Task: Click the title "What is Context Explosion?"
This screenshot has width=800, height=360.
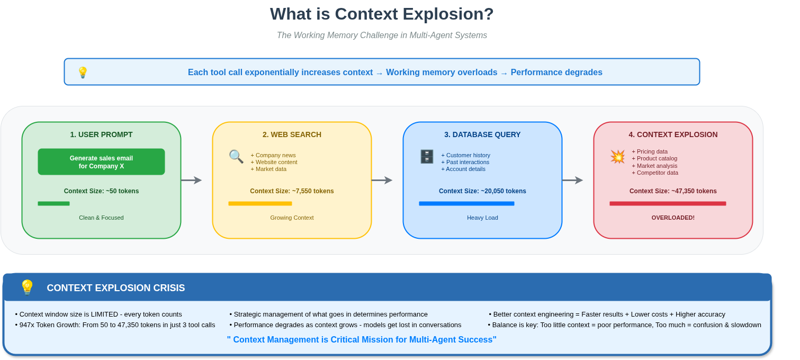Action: click(382, 14)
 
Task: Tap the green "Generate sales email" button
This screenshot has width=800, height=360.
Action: click(101, 162)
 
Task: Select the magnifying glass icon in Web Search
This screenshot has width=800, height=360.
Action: click(236, 156)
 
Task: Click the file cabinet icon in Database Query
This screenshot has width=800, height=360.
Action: click(427, 157)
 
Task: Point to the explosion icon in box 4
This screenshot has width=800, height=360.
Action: click(617, 157)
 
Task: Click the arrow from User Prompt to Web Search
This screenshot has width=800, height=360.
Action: click(191, 180)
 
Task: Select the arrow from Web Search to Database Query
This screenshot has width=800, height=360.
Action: click(382, 180)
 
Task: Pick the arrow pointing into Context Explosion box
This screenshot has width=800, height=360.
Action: click(572, 180)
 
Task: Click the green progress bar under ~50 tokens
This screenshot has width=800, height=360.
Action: click(53, 203)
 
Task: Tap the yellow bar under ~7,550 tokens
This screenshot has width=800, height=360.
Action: click(260, 203)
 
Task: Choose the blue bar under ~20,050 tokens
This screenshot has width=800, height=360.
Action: click(466, 203)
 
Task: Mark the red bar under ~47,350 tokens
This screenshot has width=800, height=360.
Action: click(668, 203)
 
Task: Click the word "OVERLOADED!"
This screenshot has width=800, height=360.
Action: click(673, 218)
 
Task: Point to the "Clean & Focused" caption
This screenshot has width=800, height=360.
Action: click(101, 218)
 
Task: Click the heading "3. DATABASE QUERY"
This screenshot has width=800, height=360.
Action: click(482, 134)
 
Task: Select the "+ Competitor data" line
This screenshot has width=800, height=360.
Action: click(655, 173)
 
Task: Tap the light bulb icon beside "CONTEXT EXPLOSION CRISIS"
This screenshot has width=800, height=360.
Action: click(27, 287)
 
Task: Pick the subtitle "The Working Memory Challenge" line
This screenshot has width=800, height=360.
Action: click(382, 35)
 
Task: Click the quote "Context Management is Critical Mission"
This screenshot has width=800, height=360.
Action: click(362, 339)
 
